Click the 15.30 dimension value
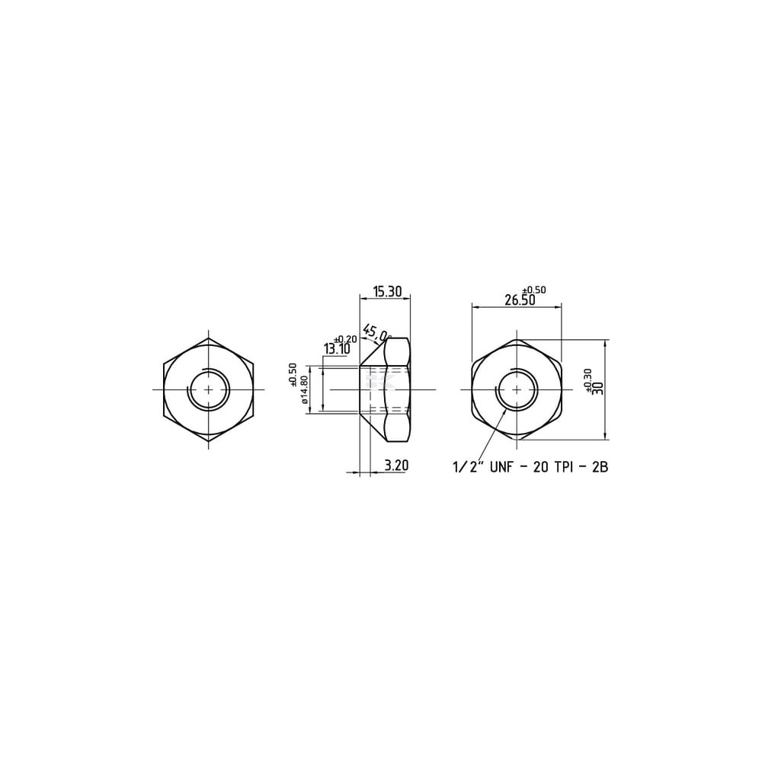click(x=387, y=292)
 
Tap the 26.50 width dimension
click(x=520, y=300)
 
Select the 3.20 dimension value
click(x=396, y=466)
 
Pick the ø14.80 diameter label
click(x=305, y=390)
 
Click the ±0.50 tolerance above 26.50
click(x=535, y=290)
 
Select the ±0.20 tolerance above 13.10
click(x=345, y=339)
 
